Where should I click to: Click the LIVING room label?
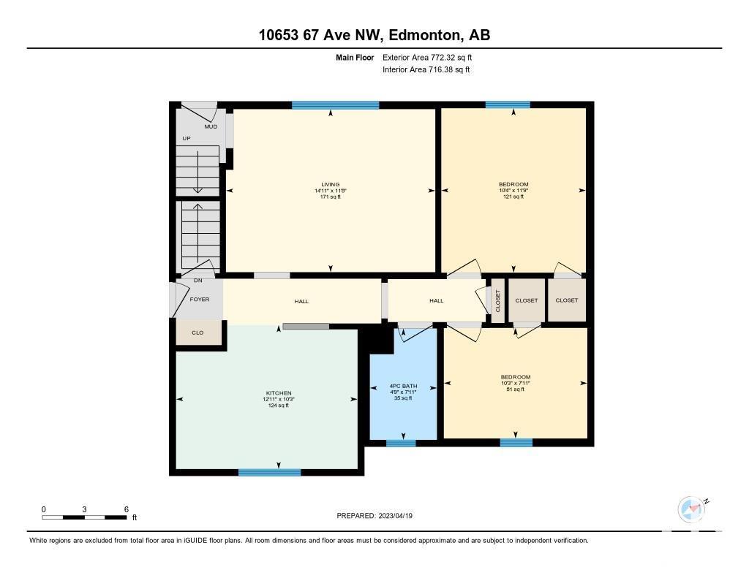point(330,184)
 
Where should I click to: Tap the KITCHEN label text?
point(279,393)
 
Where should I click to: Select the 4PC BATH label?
point(403,386)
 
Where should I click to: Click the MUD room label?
point(211,126)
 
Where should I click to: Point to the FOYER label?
point(200,300)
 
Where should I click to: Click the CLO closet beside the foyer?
point(197,332)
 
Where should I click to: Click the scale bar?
point(85,517)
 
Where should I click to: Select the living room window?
point(335,105)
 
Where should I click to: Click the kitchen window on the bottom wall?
point(269,473)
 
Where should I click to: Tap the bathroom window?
point(401,443)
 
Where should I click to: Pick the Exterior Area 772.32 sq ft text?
point(427,57)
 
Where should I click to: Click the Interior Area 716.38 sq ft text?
point(426,69)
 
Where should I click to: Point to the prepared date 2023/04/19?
point(396,515)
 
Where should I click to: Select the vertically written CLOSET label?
point(497,301)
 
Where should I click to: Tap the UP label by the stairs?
point(187,138)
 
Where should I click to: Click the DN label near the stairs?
point(197,281)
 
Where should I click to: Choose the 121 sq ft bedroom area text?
point(513,196)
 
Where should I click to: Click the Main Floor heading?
point(355,57)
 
